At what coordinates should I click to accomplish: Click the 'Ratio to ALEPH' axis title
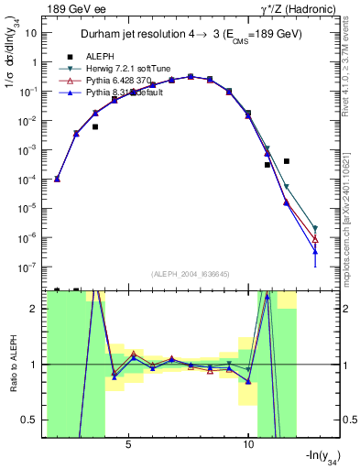click(12, 365)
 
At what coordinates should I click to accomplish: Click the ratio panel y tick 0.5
click(32, 420)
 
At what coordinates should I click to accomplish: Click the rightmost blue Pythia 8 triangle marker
click(315, 251)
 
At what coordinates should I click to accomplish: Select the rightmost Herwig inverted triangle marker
click(315, 228)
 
